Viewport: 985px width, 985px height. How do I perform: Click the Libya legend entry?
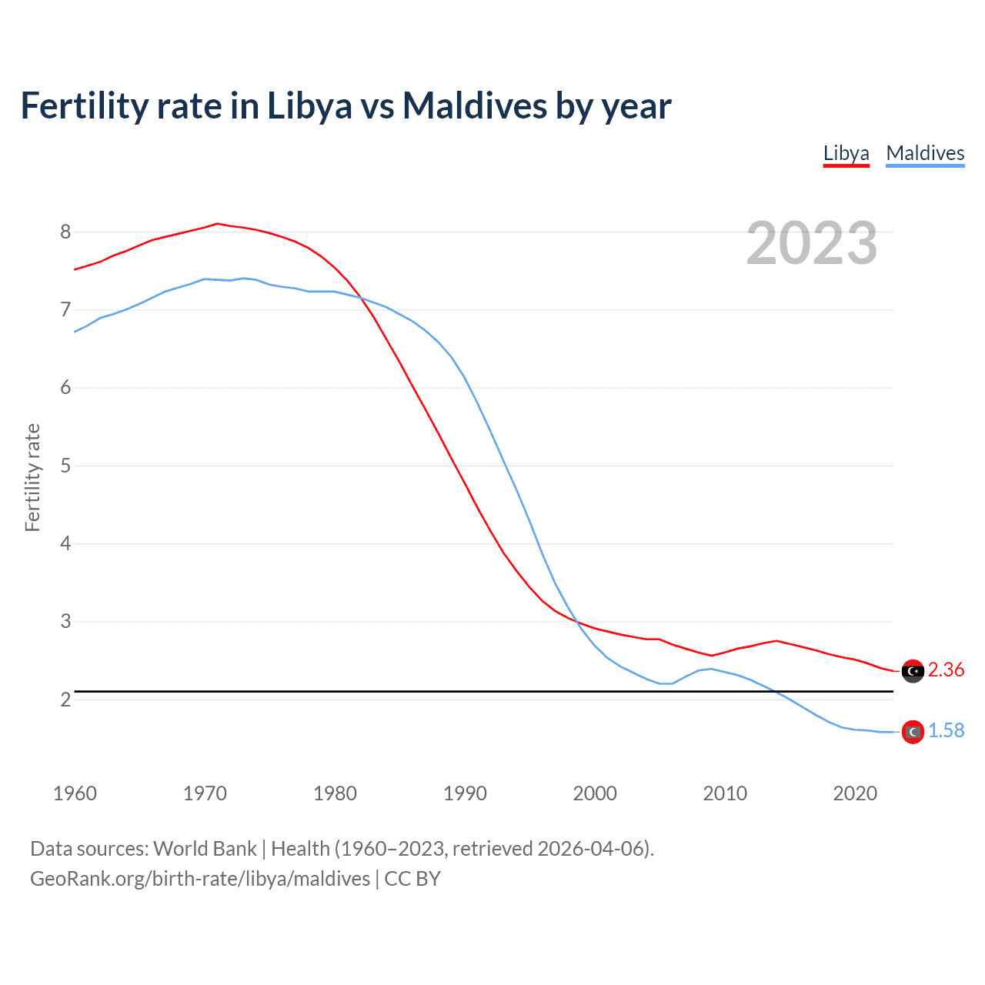pos(846,153)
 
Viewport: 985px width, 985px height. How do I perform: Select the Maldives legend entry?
pos(925,153)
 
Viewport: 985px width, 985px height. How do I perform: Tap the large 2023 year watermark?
pos(811,243)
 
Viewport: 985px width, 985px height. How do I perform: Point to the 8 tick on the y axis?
pos(65,232)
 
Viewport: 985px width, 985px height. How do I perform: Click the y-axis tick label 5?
pos(65,466)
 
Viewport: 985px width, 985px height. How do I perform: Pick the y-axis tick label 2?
pos(65,700)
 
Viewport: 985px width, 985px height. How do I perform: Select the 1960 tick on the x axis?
pos(75,793)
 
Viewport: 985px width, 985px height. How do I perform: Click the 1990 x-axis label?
pos(465,793)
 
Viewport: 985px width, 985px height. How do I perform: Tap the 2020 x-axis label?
pos(855,793)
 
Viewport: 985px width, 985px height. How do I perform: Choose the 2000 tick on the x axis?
pos(595,793)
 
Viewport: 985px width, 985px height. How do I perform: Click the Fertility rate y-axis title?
pos(32,477)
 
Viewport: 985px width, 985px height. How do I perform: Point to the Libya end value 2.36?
pos(946,670)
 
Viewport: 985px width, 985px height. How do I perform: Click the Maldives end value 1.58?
pos(946,731)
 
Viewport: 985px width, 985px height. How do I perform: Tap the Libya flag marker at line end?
pos(913,671)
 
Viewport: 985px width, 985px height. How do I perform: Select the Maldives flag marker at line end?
pos(913,732)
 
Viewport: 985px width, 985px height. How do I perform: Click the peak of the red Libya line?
pos(217,223)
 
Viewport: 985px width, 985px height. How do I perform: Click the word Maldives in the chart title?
pos(475,105)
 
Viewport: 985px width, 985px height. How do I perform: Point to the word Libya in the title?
pos(309,105)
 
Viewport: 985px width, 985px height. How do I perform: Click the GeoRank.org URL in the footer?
pos(200,879)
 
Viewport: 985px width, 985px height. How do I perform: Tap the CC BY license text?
pos(412,879)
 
